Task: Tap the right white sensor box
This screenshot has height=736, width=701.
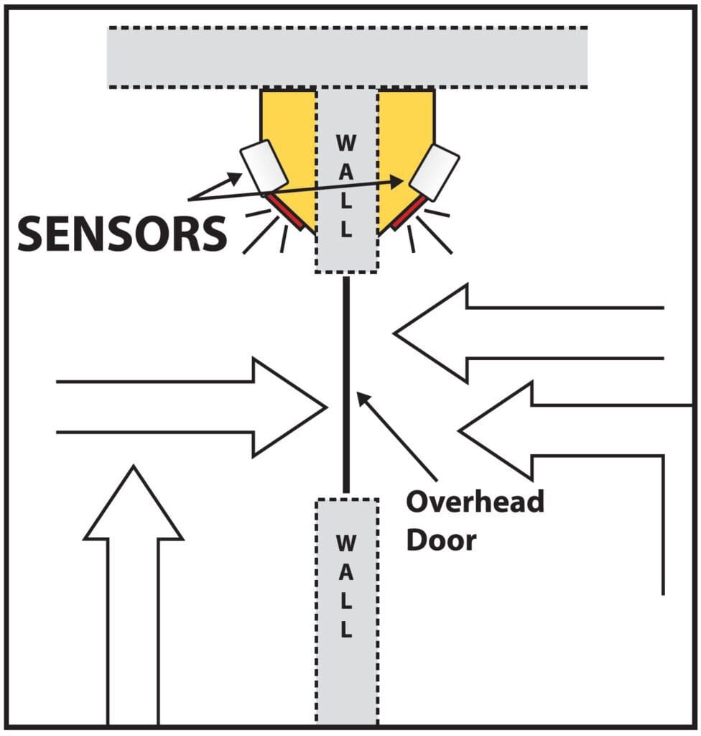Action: point(435,172)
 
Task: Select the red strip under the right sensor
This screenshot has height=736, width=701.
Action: point(409,213)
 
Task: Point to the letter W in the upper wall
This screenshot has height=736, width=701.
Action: point(346,143)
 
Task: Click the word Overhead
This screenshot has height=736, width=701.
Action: point(475,502)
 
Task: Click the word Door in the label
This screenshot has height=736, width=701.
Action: point(441,540)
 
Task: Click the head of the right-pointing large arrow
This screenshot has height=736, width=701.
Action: point(287,408)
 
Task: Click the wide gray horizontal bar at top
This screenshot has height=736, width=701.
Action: point(348,57)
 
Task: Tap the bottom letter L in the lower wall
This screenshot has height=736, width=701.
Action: point(346,632)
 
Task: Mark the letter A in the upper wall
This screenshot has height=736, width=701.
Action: point(346,172)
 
